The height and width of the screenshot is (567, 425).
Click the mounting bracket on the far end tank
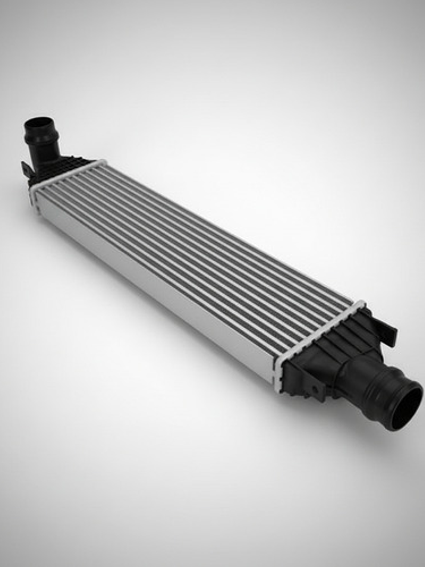click(x=26, y=170)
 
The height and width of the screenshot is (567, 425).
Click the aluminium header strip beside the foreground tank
click(x=321, y=332)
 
